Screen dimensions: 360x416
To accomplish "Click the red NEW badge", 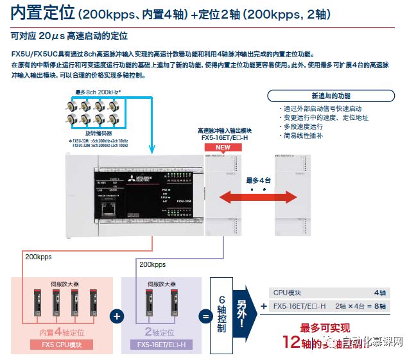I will (x=222, y=147).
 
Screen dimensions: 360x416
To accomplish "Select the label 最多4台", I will (x=258, y=180).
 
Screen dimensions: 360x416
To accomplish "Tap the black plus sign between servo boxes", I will (x=116, y=316).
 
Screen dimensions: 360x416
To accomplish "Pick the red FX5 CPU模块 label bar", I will (x=61, y=345).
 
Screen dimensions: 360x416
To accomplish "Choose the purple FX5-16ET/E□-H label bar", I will (x=161, y=345).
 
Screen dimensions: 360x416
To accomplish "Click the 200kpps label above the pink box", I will (x=38, y=257).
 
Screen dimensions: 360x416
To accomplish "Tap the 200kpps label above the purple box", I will (x=152, y=264).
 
